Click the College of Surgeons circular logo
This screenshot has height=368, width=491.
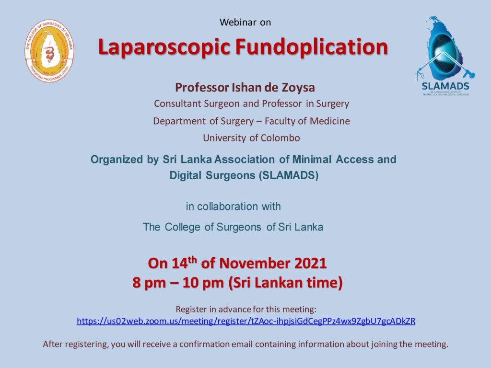point(49,51)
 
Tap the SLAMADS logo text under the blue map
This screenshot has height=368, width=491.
point(445,86)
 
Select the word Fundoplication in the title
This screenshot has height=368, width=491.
point(312,46)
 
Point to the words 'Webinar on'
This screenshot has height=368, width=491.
point(245,22)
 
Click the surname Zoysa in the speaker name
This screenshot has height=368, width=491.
point(298,87)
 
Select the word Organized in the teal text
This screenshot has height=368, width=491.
point(117,160)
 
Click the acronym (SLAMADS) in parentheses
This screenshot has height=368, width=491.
point(288,175)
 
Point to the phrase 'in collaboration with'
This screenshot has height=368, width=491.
point(234,207)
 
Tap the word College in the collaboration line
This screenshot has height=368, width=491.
point(183,227)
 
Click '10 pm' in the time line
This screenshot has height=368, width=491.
point(203,283)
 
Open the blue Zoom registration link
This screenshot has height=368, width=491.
point(246,321)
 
